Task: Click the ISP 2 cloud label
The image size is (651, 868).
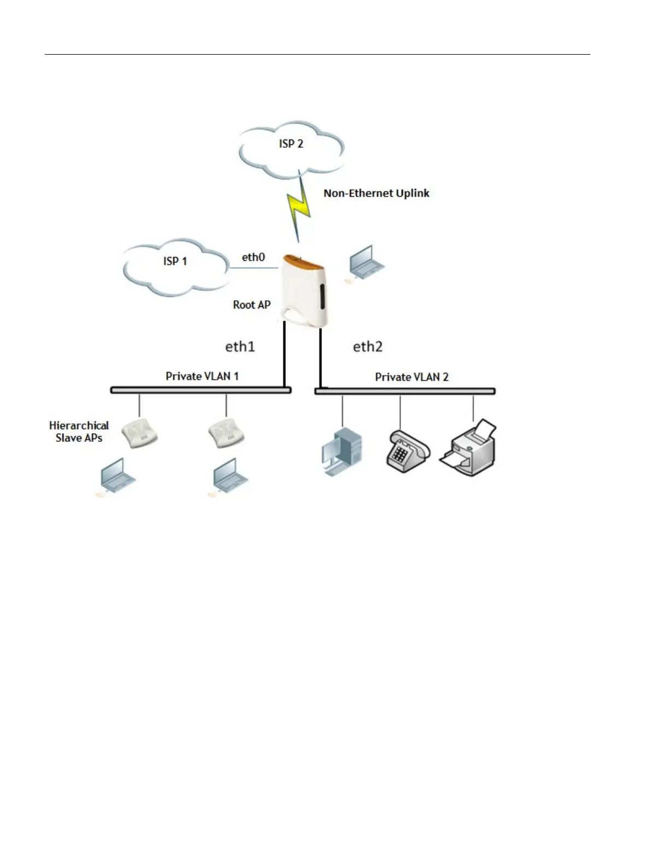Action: [291, 143]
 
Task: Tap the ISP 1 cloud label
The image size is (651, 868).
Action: [175, 261]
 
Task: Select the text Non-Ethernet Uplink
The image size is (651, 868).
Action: [376, 193]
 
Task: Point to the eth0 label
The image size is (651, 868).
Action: [253, 257]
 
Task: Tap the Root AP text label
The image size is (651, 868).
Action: [251, 305]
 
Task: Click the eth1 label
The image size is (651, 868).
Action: [240, 346]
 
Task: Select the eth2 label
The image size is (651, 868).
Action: [367, 346]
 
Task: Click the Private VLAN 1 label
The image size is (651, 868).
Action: [202, 376]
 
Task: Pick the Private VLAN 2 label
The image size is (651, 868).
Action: [412, 377]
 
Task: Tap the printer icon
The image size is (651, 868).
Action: [470, 447]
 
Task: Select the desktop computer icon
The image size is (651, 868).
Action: [341, 452]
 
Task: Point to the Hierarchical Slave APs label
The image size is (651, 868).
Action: [79, 432]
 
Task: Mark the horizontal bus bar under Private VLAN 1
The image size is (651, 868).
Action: [201, 390]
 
